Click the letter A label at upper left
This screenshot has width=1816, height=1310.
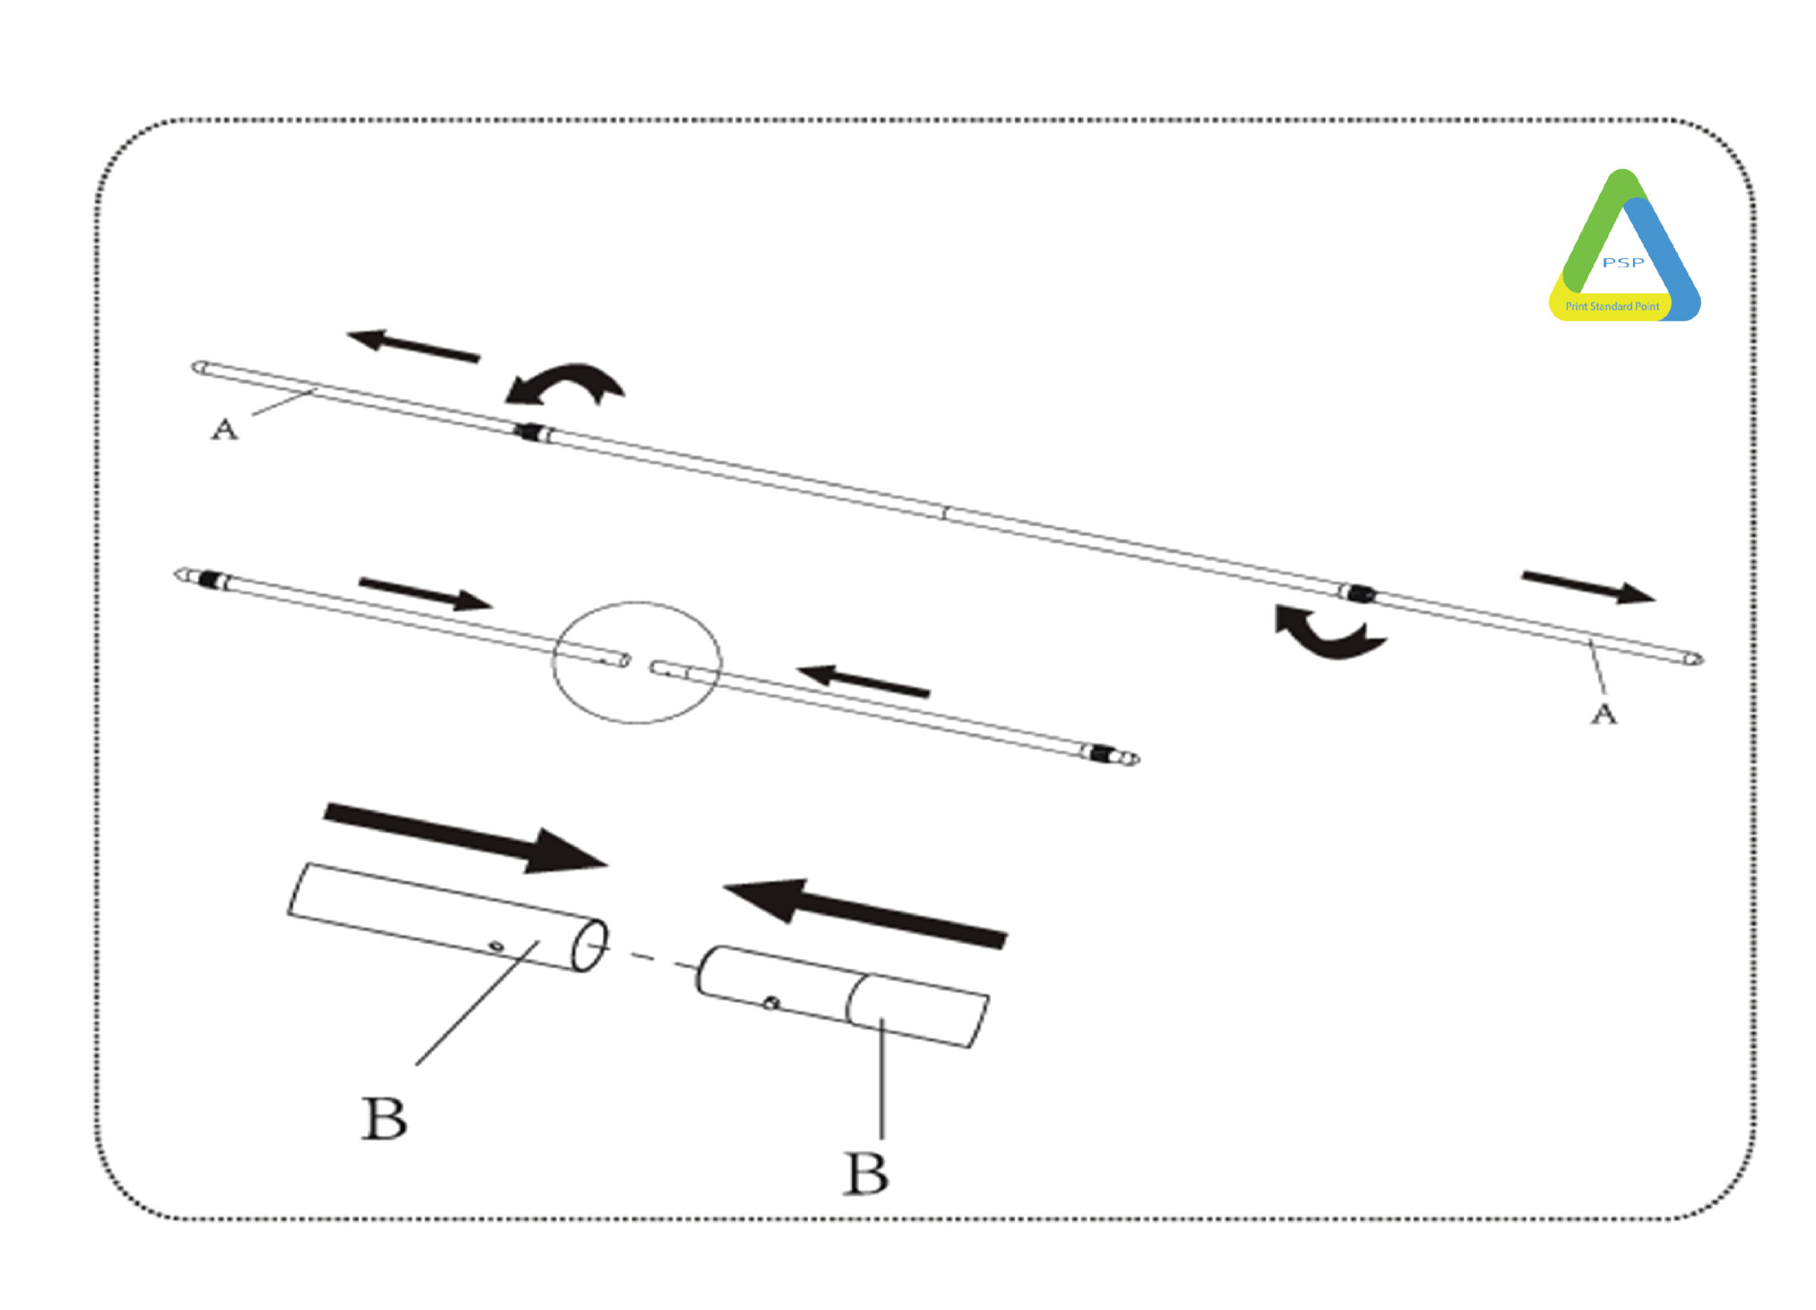click(225, 430)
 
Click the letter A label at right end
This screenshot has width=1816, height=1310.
click(1603, 714)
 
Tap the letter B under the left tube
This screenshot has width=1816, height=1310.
click(384, 1118)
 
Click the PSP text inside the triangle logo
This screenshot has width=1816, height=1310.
click(1623, 262)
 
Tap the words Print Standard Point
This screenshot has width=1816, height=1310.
click(1612, 306)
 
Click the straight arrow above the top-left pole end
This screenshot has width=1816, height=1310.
click(413, 346)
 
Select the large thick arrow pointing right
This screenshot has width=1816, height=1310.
click(465, 838)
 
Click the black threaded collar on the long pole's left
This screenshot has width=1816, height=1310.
click(528, 433)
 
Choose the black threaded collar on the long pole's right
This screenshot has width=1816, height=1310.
click(1361, 594)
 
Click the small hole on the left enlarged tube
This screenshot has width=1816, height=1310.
click(497, 946)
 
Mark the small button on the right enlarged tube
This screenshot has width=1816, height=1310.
click(770, 1001)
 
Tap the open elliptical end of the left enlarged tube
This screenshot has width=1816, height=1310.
click(589, 945)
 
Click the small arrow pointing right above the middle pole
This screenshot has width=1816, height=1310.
click(425, 594)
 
